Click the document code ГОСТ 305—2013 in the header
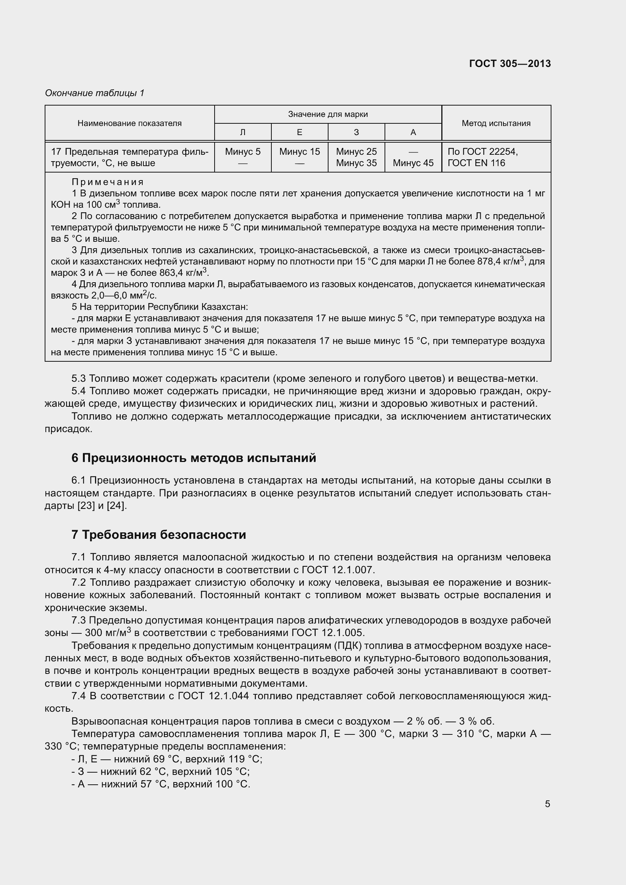[509, 64]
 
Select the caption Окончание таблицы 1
[95, 93]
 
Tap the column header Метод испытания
[496, 123]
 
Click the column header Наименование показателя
[129, 123]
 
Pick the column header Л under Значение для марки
[243, 132]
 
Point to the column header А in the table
[413, 132]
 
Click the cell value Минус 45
[413, 163]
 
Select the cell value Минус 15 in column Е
[299, 152]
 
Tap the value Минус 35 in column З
[356, 163]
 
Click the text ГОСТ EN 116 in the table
[476, 163]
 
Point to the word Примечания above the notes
[107, 182]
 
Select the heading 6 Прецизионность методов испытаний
[193, 458]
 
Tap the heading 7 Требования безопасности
[159, 535]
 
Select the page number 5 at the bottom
[547, 804]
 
